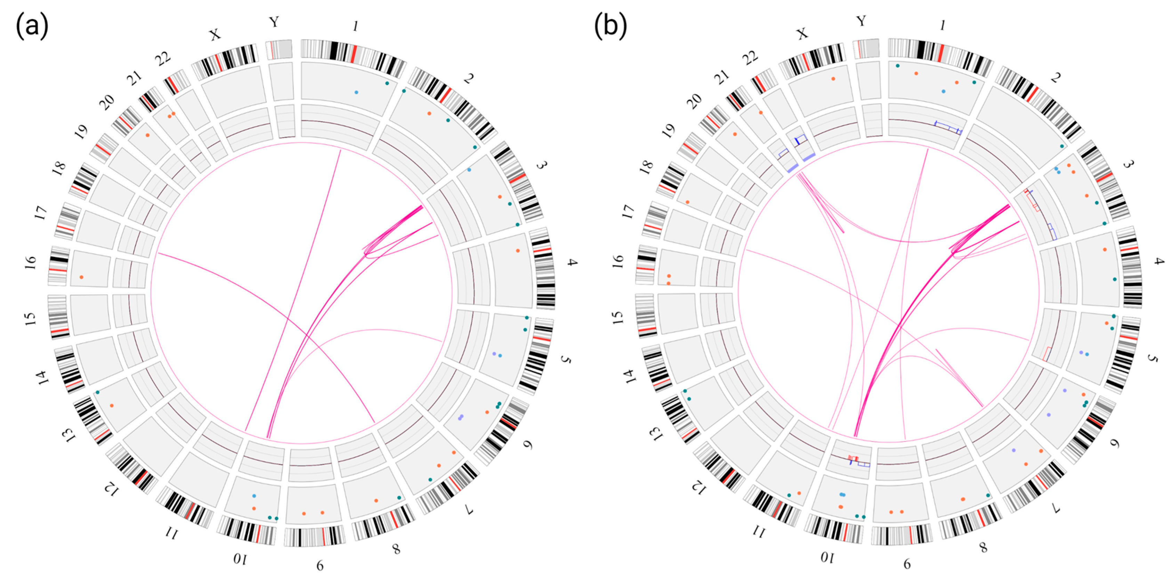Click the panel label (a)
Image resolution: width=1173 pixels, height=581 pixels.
pyautogui.click(x=32, y=26)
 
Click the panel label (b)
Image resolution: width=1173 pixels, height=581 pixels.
pyautogui.click(x=610, y=26)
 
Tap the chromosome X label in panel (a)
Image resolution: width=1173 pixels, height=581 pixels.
pyautogui.click(x=215, y=35)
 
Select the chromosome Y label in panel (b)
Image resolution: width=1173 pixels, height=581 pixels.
pyautogui.click(x=860, y=21)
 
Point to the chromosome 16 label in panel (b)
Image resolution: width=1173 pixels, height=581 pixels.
pyautogui.click(x=618, y=261)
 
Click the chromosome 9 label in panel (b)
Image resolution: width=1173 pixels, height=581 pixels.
pyautogui.click(x=907, y=565)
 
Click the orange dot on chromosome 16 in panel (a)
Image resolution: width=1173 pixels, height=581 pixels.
pyautogui.click(x=81, y=277)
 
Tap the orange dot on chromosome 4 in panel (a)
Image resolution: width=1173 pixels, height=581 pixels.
pyautogui.click(x=518, y=251)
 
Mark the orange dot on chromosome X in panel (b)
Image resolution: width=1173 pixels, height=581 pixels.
pyautogui.click(x=833, y=79)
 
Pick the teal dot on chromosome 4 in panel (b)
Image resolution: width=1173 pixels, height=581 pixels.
pyautogui.click(x=1115, y=279)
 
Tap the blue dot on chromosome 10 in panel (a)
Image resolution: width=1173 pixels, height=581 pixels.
pyautogui.click(x=254, y=496)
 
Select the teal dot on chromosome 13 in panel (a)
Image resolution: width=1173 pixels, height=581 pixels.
pyautogui.click(x=97, y=392)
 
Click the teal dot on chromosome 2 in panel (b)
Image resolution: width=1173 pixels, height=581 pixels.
pyautogui.click(x=1062, y=146)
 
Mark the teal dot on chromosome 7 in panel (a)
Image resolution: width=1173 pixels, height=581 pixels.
pyautogui.click(x=430, y=480)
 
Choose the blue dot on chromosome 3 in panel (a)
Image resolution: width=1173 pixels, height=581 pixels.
pyautogui.click(x=469, y=170)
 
